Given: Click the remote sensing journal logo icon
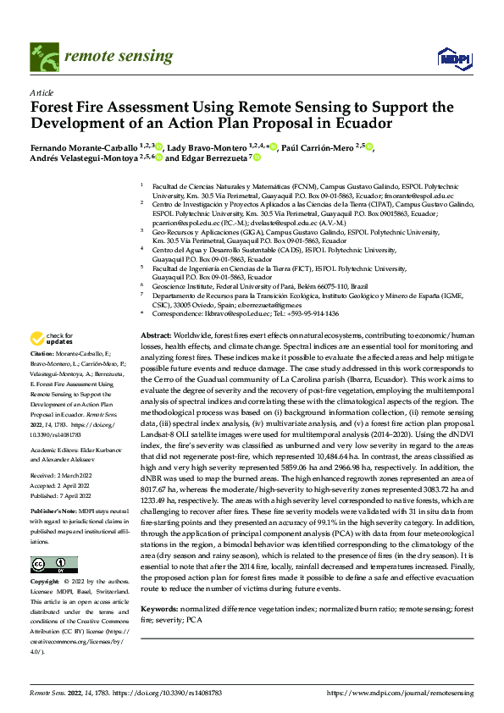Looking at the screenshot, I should [x=43, y=56].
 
